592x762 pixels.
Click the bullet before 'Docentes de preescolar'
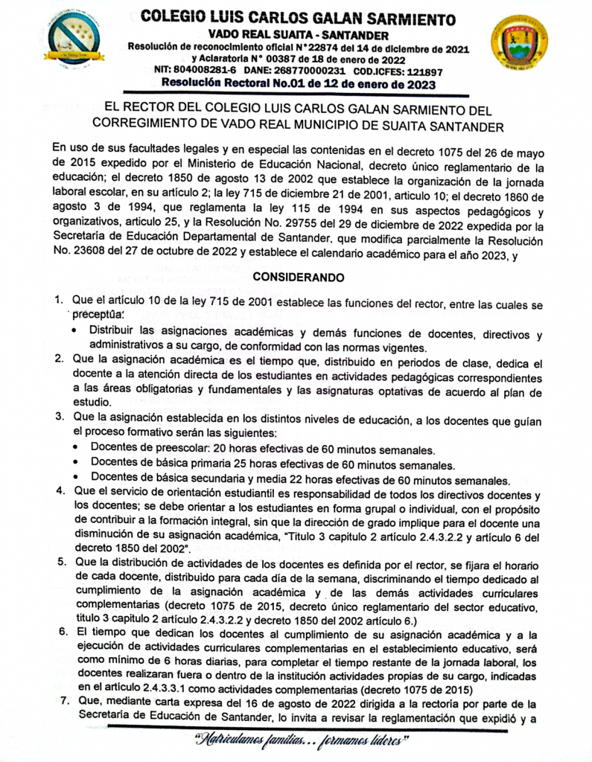pos(79,450)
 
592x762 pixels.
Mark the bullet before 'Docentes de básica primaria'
pos(79,465)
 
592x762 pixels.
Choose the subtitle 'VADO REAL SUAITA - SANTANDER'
pos(298,36)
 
